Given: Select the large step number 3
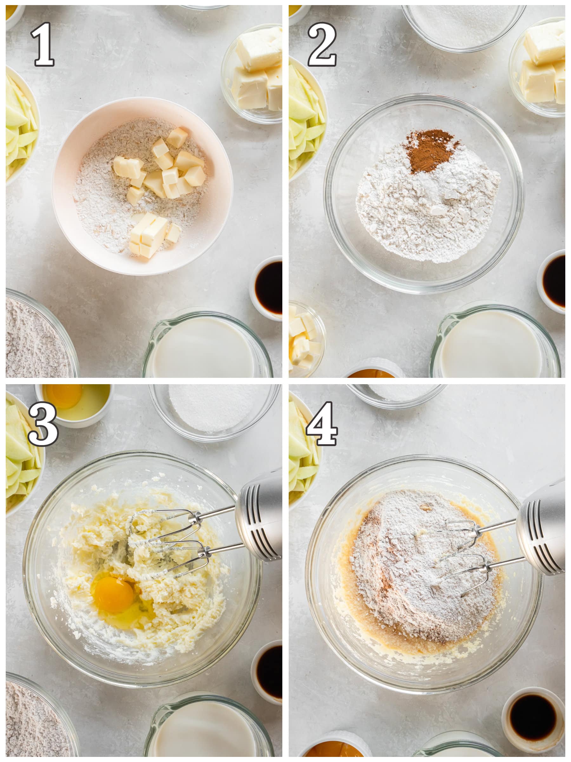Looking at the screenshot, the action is click(x=43, y=424).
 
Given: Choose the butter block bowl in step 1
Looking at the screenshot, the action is click(x=252, y=73).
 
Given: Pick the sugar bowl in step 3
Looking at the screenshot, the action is click(x=214, y=412).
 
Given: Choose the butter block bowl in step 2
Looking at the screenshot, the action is click(x=538, y=67).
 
